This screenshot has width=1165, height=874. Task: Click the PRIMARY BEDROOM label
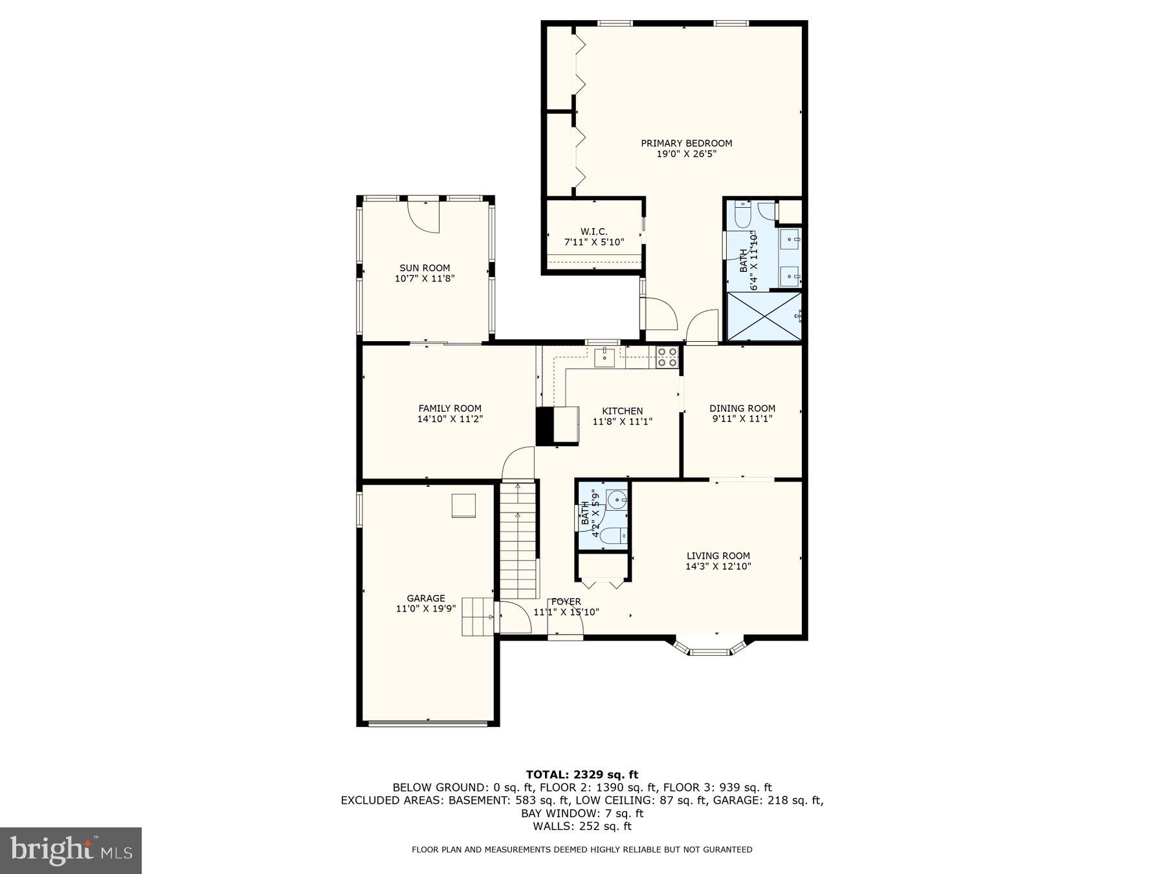686,143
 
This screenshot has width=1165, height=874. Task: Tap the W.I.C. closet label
594,232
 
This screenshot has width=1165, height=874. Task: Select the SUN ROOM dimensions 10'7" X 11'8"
425,279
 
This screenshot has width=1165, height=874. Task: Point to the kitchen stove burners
667,357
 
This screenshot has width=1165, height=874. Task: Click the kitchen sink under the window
605,357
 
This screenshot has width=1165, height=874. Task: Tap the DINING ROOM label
742,408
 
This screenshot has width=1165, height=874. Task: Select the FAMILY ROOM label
450,408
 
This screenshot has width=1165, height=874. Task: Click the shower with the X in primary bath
764,316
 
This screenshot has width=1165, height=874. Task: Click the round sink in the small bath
617,499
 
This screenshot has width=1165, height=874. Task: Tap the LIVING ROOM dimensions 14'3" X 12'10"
718,566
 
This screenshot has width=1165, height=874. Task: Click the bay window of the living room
709,649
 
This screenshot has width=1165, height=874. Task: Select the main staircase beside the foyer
519,541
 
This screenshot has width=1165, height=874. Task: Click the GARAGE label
426,598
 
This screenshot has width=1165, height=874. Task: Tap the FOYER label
566,601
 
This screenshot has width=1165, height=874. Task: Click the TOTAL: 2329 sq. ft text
582,774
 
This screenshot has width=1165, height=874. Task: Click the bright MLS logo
71,850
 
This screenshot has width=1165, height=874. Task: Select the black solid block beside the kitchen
544,426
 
